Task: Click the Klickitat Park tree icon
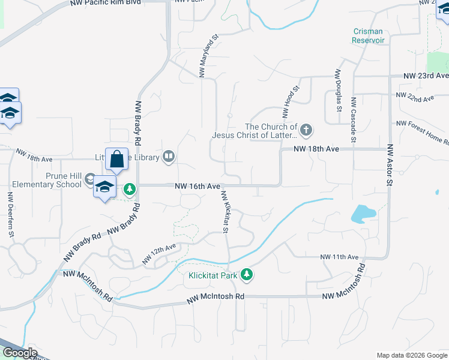tap(246, 275)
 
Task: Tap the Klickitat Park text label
tap(212, 276)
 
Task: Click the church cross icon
tap(306, 130)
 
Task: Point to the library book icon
tap(169, 157)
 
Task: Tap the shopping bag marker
tap(116, 160)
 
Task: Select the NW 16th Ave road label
tap(197, 187)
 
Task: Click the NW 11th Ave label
tap(339, 257)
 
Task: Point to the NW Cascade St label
tap(354, 119)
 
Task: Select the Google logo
tap(20, 353)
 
